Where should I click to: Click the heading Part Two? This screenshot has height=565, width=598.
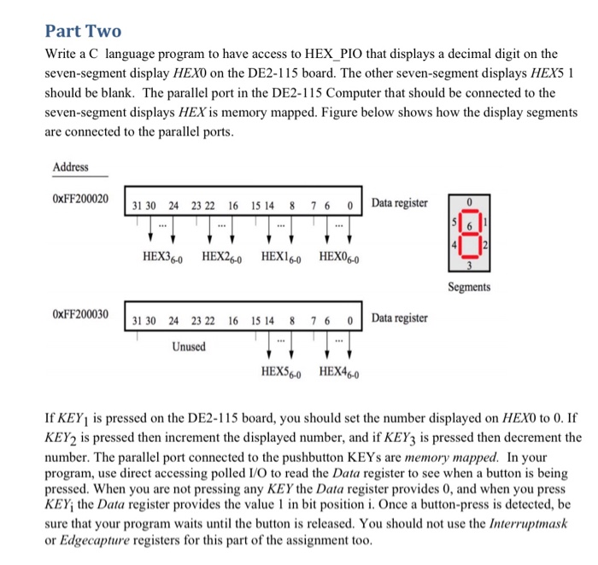click(x=83, y=31)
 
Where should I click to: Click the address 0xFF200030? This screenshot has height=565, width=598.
click(x=81, y=314)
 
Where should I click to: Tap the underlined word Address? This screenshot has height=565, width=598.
click(x=70, y=167)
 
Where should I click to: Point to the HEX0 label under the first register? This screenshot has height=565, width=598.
click(x=340, y=255)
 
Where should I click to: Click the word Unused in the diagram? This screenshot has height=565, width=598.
click(x=189, y=347)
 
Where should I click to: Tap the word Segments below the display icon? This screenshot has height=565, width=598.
click(x=468, y=288)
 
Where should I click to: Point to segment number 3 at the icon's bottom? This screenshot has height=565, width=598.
click(x=468, y=266)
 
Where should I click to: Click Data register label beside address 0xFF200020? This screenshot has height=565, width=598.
click(x=400, y=203)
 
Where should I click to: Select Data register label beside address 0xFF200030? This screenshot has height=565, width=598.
click(x=400, y=318)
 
